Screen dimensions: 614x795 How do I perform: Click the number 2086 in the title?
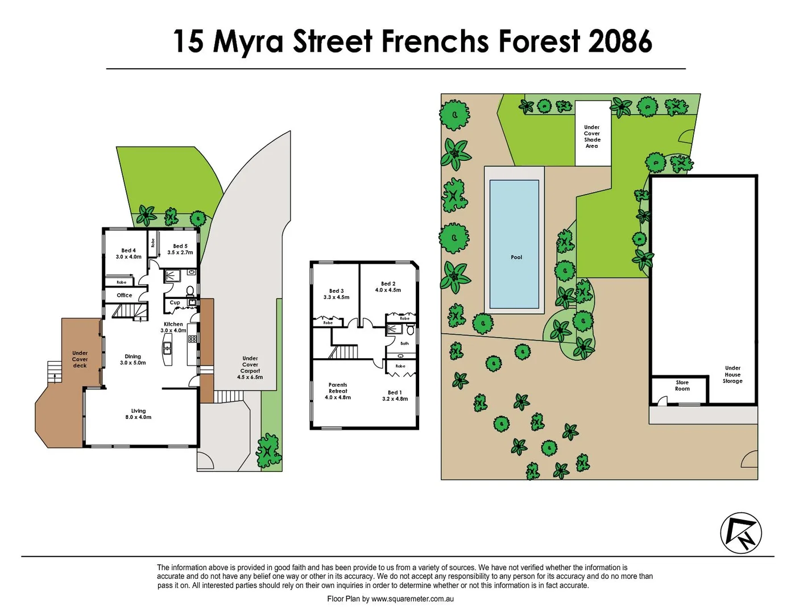point(620,42)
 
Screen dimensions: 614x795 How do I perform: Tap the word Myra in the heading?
point(248,42)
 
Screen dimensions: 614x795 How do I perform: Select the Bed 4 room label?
point(129,254)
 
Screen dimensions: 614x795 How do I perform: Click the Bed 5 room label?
point(180,249)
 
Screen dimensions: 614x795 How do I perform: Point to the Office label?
point(125,295)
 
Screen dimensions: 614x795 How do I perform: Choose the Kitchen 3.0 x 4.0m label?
point(173,327)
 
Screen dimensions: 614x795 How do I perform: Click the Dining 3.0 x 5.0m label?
point(133,359)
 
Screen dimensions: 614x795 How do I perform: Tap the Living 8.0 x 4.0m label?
point(138,414)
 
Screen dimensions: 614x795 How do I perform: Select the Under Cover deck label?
point(80,359)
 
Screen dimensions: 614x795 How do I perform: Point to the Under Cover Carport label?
point(250,368)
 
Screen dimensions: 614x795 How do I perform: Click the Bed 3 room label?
point(336,294)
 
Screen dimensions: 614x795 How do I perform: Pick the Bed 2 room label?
point(388,287)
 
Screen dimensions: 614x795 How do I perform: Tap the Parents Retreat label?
point(338,391)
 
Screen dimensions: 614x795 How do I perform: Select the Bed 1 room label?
point(395,395)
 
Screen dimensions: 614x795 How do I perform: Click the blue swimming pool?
point(514,244)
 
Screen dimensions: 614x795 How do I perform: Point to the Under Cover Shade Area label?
point(592,136)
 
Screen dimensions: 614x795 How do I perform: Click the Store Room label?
point(682,385)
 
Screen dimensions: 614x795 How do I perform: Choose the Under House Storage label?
point(732,375)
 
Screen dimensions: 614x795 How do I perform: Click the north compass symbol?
point(741,533)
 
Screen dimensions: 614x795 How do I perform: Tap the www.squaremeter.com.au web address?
point(412,599)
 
